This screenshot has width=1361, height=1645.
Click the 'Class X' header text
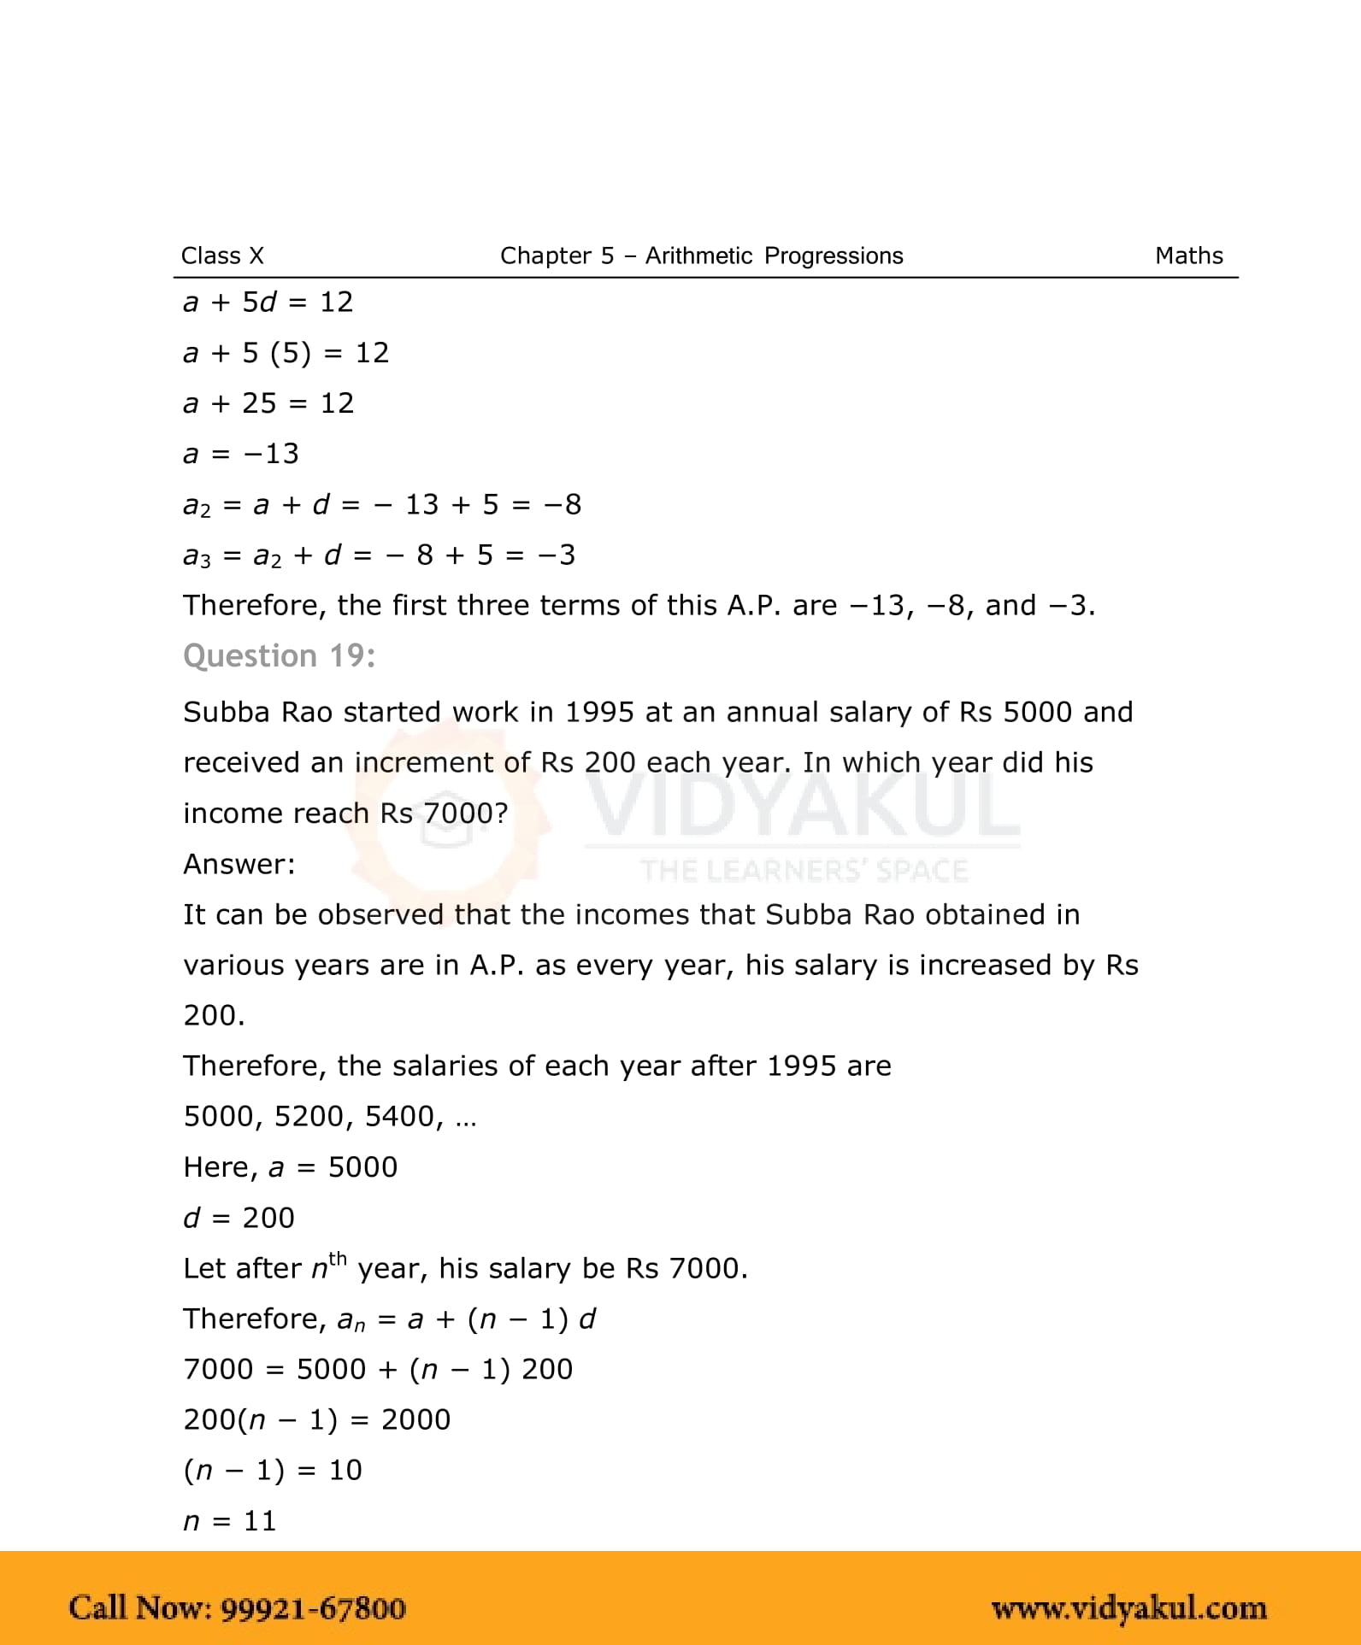222,256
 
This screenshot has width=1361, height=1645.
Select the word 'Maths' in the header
1188,256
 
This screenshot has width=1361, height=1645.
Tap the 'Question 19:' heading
279,655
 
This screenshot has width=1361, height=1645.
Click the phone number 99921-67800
313,1608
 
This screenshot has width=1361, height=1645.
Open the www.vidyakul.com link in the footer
1128,1608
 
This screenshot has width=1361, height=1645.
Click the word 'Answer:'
239,864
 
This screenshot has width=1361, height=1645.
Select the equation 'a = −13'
241,453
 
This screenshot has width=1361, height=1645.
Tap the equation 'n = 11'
230,1520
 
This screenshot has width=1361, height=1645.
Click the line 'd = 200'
239,1217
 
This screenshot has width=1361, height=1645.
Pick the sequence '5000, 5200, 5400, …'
330,1116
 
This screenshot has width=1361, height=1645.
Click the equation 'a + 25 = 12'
268,402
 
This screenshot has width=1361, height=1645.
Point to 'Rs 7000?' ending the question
444,813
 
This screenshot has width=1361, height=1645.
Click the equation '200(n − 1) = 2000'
316,1419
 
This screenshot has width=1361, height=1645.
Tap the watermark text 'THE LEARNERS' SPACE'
804,871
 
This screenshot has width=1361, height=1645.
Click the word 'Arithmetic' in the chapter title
698,256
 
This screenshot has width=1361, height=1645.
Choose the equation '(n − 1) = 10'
273,1470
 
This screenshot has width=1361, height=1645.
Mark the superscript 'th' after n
338,1258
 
